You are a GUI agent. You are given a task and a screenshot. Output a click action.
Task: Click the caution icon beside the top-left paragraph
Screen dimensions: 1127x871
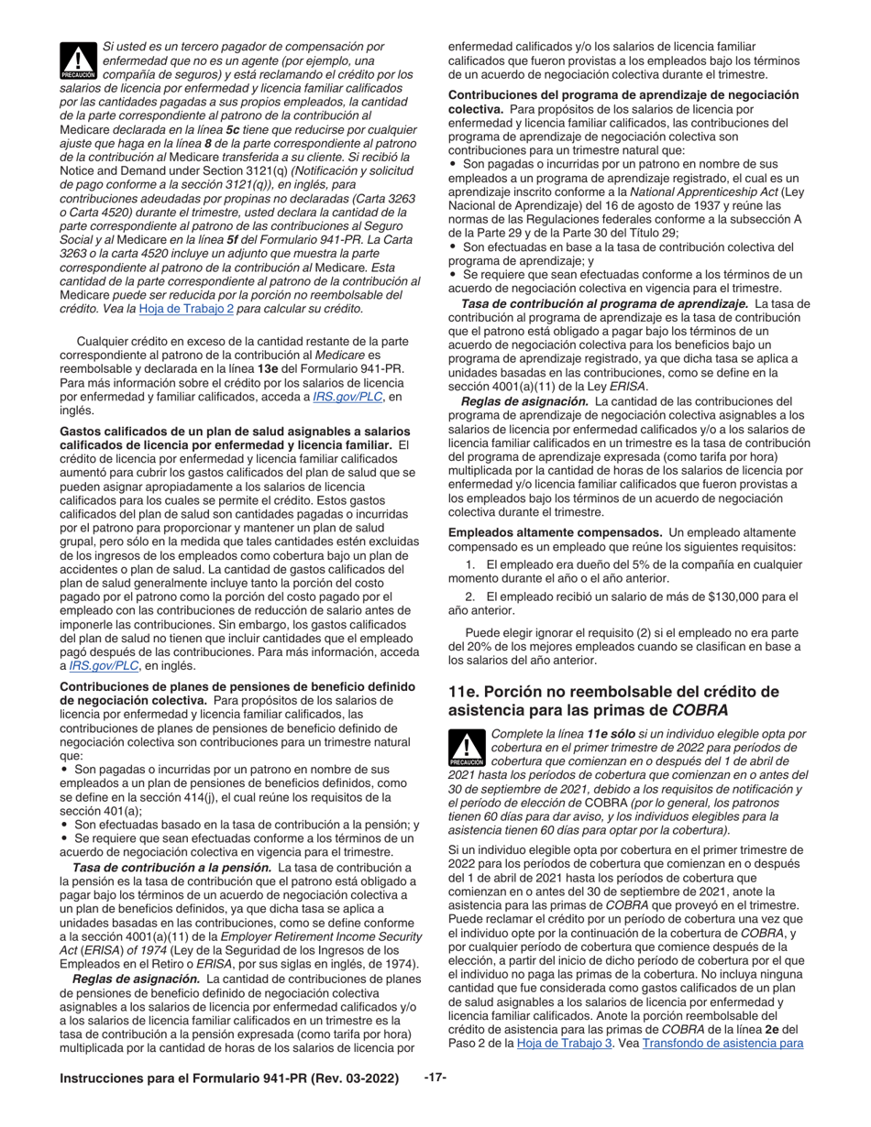click(x=78, y=60)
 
